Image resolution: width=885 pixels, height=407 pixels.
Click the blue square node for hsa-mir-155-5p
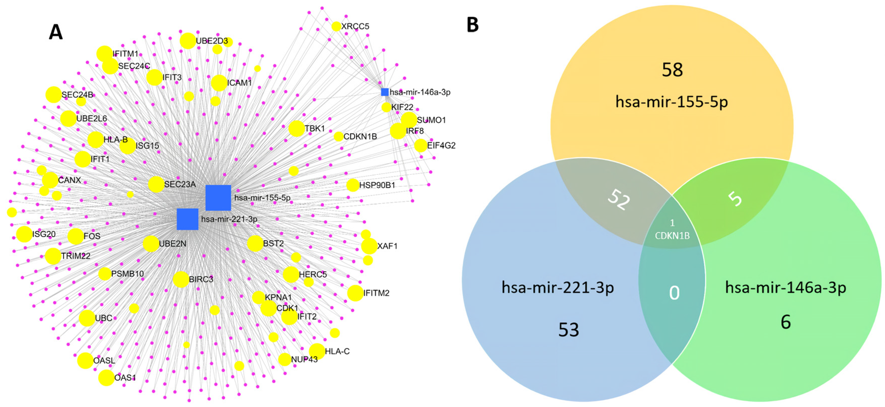pyautogui.click(x=218, y=198)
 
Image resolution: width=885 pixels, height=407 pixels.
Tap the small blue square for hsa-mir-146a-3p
pyautogui.click(x=385, y=92)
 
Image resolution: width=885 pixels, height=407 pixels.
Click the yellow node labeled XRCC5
pyautogui.click(x=336, y=26)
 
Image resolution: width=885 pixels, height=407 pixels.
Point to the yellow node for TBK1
pyautogui.click(x=296, y=128)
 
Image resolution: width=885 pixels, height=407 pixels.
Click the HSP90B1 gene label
pyautogui.click(x=377, y=185)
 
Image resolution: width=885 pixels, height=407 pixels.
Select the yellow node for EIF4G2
pyautogui.click(x=420, y=145)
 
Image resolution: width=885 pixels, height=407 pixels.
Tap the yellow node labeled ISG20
pyautogui.click(x=24, y=234)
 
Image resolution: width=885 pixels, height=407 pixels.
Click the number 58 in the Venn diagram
pyautogui.click(x=672, y=70)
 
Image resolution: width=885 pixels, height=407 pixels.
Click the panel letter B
pyautogui.click(x=473, y=25)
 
